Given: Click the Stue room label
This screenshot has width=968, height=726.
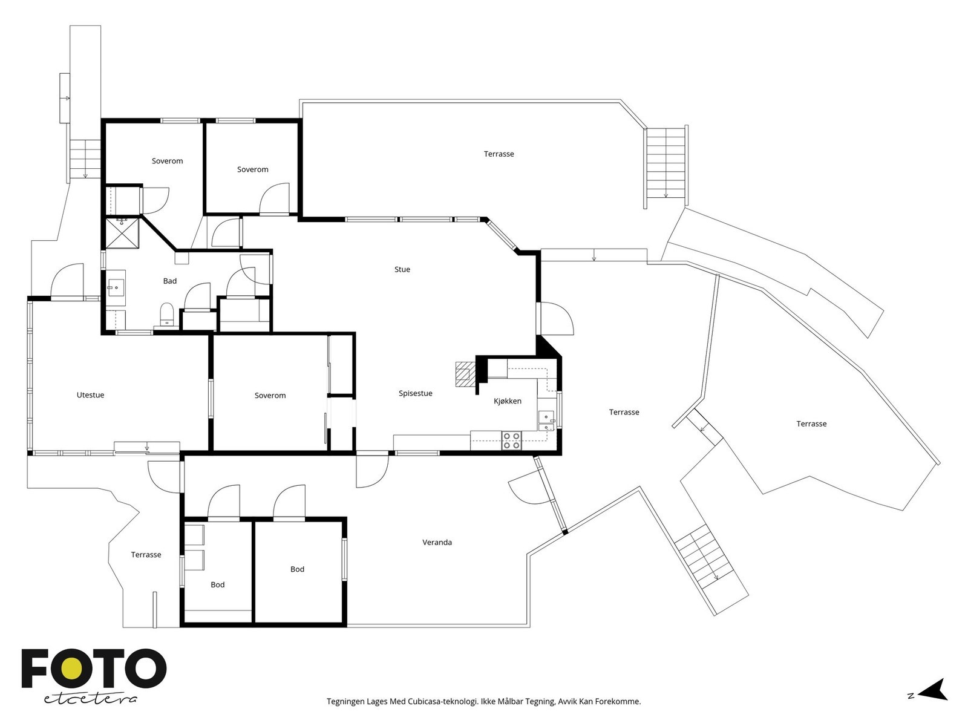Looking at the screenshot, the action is point(402,269).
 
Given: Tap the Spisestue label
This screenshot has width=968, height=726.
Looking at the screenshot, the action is point(415,393).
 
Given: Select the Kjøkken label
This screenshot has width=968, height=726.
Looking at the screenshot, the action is point(507,401).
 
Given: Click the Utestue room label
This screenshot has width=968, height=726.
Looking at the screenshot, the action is point(90,395).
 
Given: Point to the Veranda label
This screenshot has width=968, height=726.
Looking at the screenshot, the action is point(437,542).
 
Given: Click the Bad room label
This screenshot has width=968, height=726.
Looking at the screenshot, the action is point(170,281).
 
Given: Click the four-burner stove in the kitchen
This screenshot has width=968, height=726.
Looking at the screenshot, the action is point(512,440).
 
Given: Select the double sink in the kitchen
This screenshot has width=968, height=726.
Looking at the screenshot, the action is point(546,420).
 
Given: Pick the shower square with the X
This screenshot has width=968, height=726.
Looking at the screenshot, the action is point(123,235).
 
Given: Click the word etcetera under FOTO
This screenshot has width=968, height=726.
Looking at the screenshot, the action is point(90,699).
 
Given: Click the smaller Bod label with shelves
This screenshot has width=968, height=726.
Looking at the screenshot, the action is point(217,584).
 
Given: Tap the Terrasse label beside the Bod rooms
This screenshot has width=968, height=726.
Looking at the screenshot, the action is point(146,555).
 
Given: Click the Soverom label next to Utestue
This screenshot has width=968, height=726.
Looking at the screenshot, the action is point(270,396).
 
